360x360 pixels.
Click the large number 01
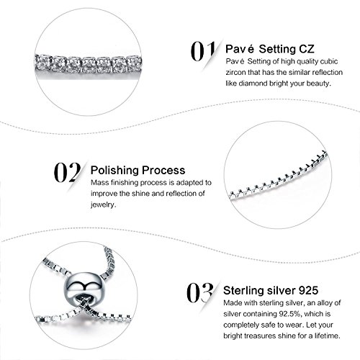coord(203,51)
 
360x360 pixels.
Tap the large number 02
coord(67,172)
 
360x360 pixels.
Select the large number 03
coord(200,292)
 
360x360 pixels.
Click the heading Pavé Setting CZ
coord(270,49)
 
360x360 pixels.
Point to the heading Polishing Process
coord(138,171)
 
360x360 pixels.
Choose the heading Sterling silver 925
coord(271,290)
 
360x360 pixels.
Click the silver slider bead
coord(82,287)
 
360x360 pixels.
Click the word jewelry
coord(103,204)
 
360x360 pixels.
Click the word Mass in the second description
coord(99,183)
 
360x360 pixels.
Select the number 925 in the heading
coord(308,290)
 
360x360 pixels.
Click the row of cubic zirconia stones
coord(89,64)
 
